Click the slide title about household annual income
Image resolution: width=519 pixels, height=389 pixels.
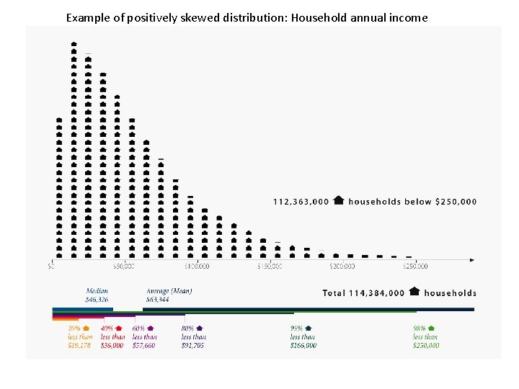[247, 17]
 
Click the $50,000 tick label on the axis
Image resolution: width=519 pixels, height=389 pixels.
[123, 267]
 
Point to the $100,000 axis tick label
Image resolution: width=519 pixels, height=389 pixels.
[196, 267]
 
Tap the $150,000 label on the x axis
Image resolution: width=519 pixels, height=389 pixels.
[270, 267]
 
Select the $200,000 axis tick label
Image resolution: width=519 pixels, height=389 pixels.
[342, 267]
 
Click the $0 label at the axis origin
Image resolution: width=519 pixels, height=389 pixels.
[51, 267]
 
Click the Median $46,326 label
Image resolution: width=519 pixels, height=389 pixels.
[98, 295]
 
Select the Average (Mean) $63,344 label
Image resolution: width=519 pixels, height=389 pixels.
[169, 295]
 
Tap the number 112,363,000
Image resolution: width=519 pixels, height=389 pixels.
[301, 202]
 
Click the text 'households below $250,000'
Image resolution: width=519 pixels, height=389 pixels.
[412, 202]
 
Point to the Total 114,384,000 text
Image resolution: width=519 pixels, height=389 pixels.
[363, 293]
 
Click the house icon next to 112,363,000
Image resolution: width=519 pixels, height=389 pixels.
[339, 201]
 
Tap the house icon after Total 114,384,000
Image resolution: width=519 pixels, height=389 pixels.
[414, 292]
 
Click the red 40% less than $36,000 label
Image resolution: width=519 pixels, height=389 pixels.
[112, 336]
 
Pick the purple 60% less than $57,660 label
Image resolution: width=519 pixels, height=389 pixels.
[144, 336]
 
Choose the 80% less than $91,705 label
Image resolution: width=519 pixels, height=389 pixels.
[193, 336]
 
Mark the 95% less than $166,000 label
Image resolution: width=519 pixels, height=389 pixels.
[303, 336]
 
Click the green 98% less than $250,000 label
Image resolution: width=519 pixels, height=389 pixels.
[425, 336]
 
